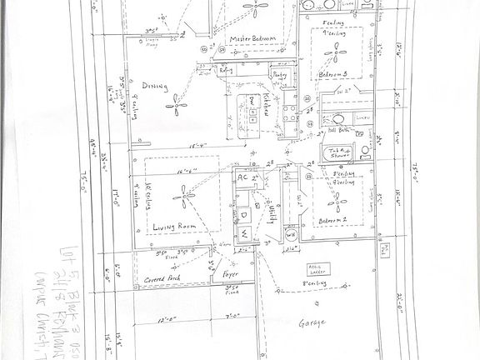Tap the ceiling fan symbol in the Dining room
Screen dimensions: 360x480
tap(176, 102)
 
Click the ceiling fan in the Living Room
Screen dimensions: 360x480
tap(182, 198)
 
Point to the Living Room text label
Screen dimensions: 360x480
tap(175, 226)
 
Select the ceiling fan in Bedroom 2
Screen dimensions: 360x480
tap(337, 201)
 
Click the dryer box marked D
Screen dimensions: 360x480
tap(247, 213)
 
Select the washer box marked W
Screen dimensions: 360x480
tap(247, 232)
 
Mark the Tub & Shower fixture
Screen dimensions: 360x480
tap(339, 152)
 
